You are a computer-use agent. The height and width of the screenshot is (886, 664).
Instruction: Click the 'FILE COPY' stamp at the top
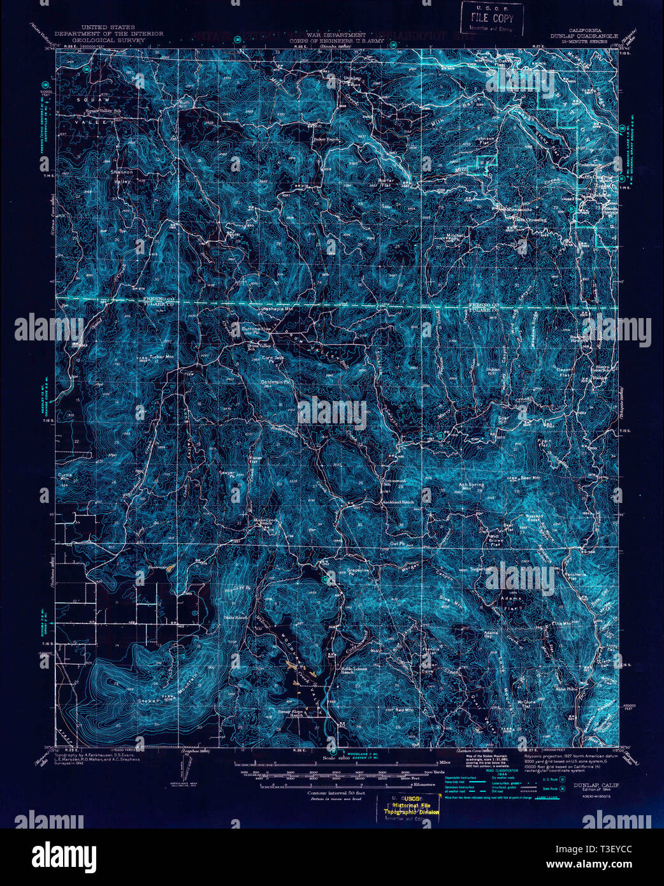(x=492, y=18)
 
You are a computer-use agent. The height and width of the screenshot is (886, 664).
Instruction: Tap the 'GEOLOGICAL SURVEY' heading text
(x=108, y=40)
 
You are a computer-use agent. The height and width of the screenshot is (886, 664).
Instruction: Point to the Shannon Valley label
(x=122, y=177)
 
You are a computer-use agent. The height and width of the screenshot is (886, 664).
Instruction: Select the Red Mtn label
(x=404, y=709)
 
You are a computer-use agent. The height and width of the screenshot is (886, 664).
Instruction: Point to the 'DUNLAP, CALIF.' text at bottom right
(x=595, y=786)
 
